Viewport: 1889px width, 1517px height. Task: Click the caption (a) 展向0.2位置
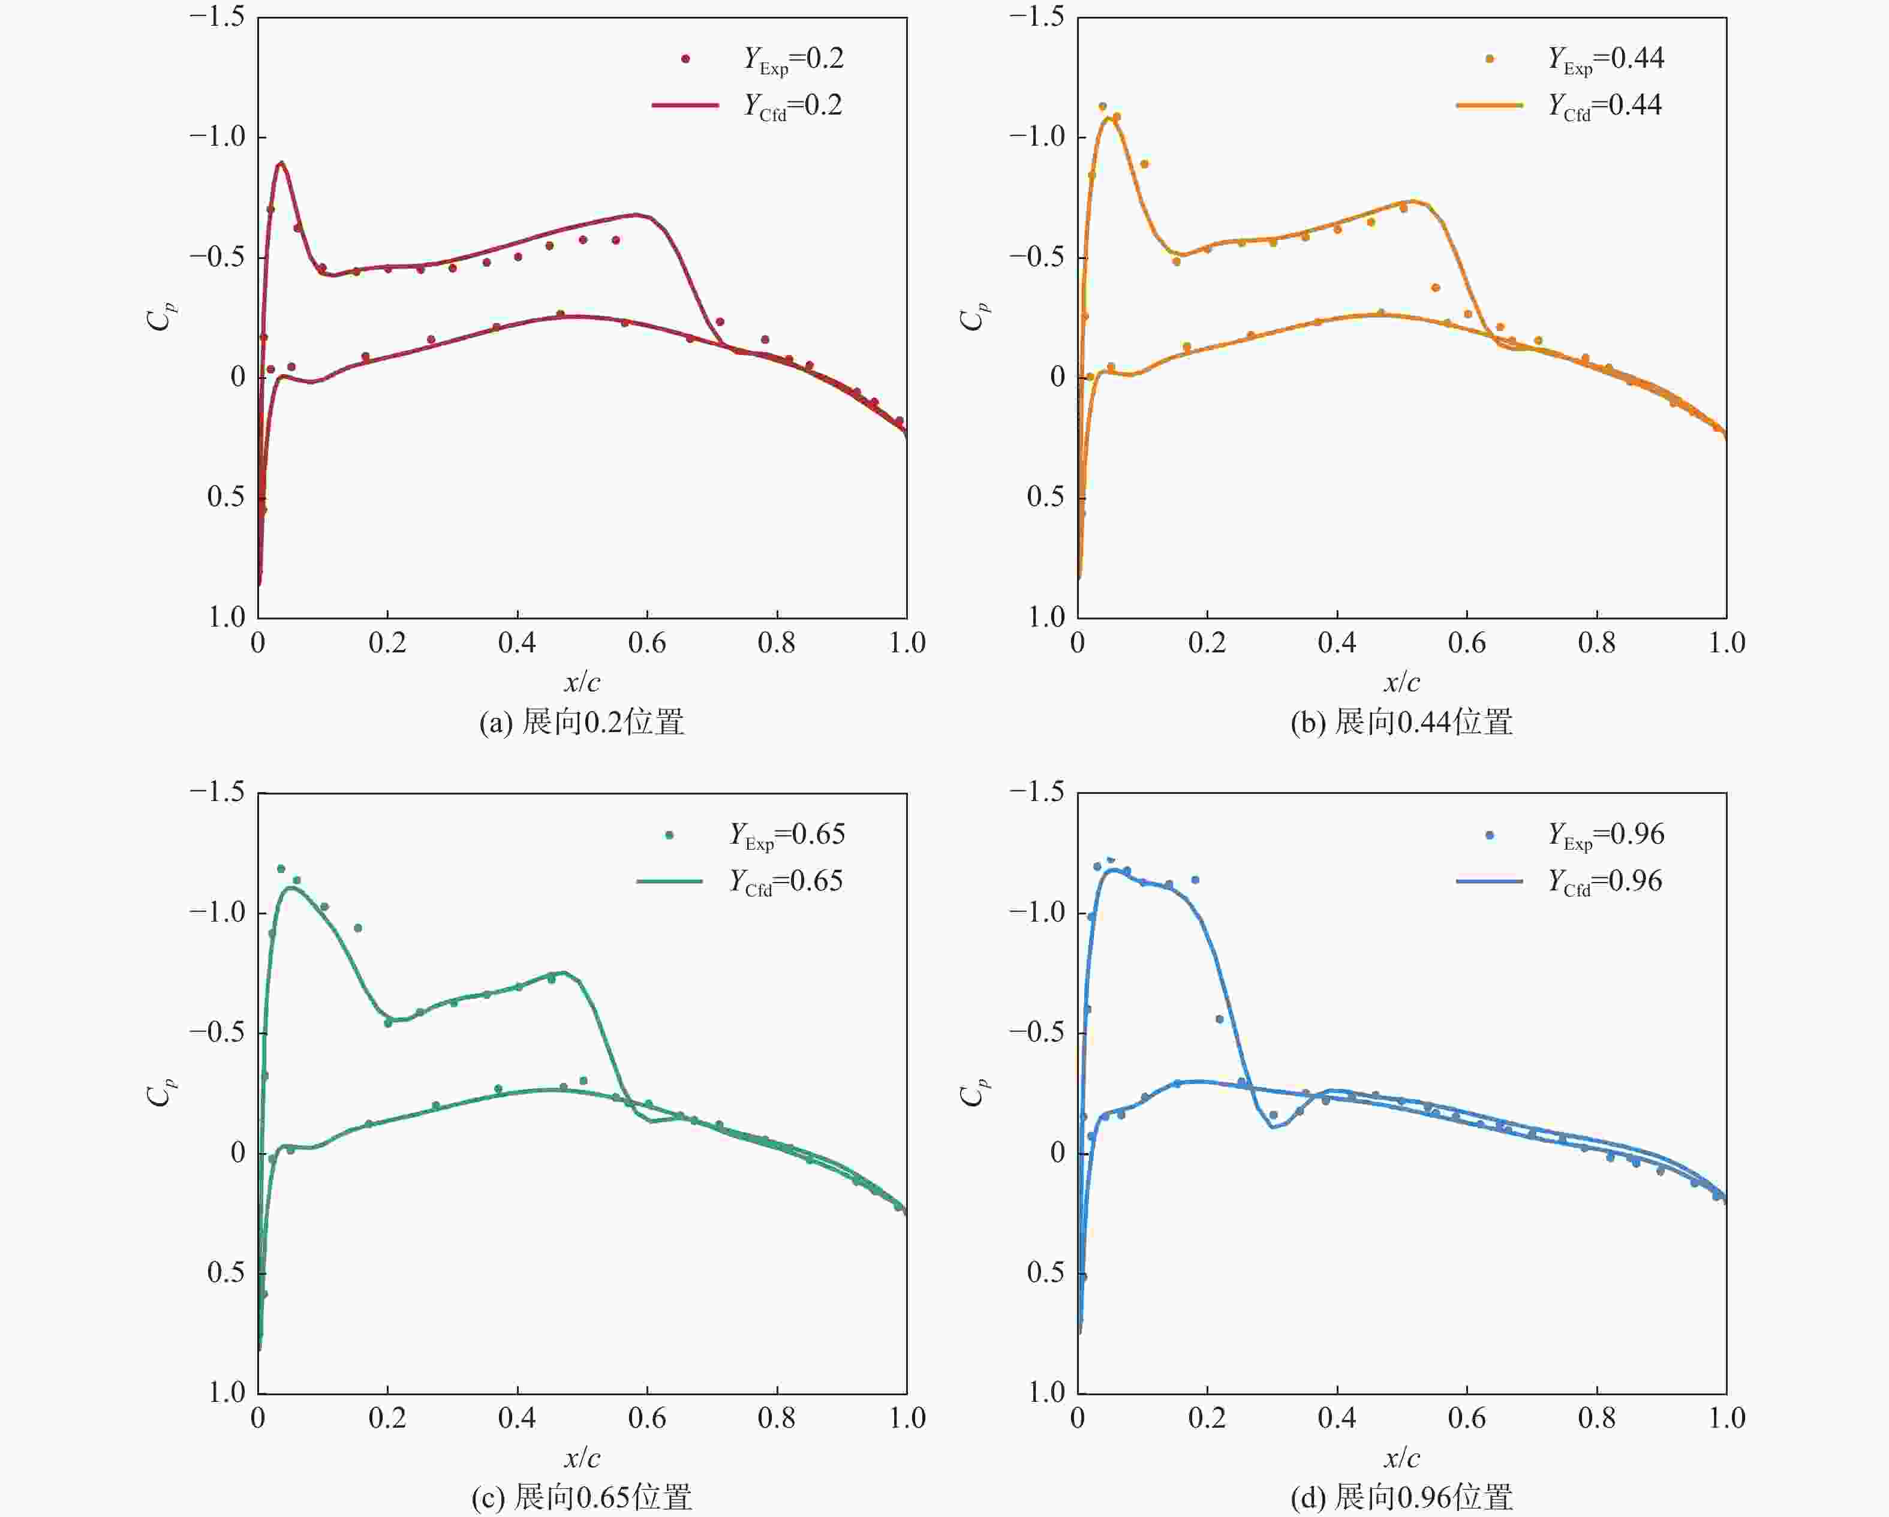tap(582, 723)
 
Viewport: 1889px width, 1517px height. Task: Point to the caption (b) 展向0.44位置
tap(1402, 723)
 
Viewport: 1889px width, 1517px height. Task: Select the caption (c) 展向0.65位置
tap(582, 1498)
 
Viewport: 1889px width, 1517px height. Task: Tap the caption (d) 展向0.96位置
tap(1402, 1498)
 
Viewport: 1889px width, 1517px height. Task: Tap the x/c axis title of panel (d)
tap(1402, 1458)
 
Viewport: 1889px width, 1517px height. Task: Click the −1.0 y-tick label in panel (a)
tap(217, 137)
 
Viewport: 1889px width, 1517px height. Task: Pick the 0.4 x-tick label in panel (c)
tap(517, 1419)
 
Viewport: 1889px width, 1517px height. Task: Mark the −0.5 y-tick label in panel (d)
tap(1037, 1033)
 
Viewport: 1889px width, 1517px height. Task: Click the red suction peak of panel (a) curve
tap(281, 163)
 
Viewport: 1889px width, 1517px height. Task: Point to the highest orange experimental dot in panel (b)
tap(1102, 107)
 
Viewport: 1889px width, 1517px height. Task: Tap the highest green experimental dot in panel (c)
tap(281, 869)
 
